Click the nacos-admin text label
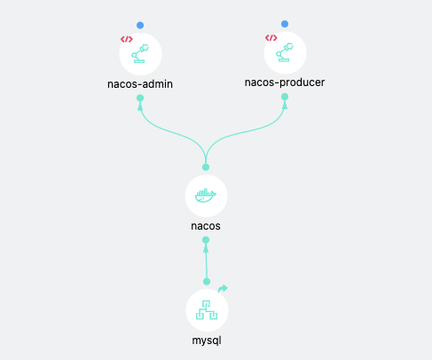[140, 84]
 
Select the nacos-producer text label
[285, 82]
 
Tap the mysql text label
[207, 340]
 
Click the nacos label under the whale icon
[206, 226]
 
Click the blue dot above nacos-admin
[140, 25]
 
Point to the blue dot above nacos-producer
[285, 24]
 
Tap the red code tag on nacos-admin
[127, 39]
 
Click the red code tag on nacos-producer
[271, 38]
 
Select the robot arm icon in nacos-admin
[140, 53]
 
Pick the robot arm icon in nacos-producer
[285, 52]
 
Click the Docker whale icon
[206, 195]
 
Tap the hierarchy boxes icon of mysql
[207, 310]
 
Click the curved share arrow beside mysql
[223, 288]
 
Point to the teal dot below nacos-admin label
[140, 98]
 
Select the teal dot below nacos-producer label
[285, 97]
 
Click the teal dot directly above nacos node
[206, 168]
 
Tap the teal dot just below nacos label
[206, 239]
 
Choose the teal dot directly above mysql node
[207, 282]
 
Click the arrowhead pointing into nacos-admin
[140, 106]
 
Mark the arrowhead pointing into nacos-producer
[285, 105]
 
